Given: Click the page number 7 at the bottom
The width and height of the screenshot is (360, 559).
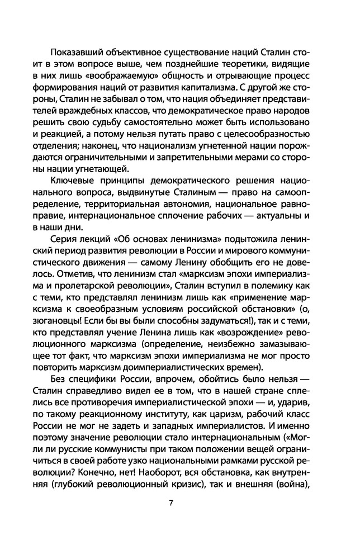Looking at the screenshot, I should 170,518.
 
